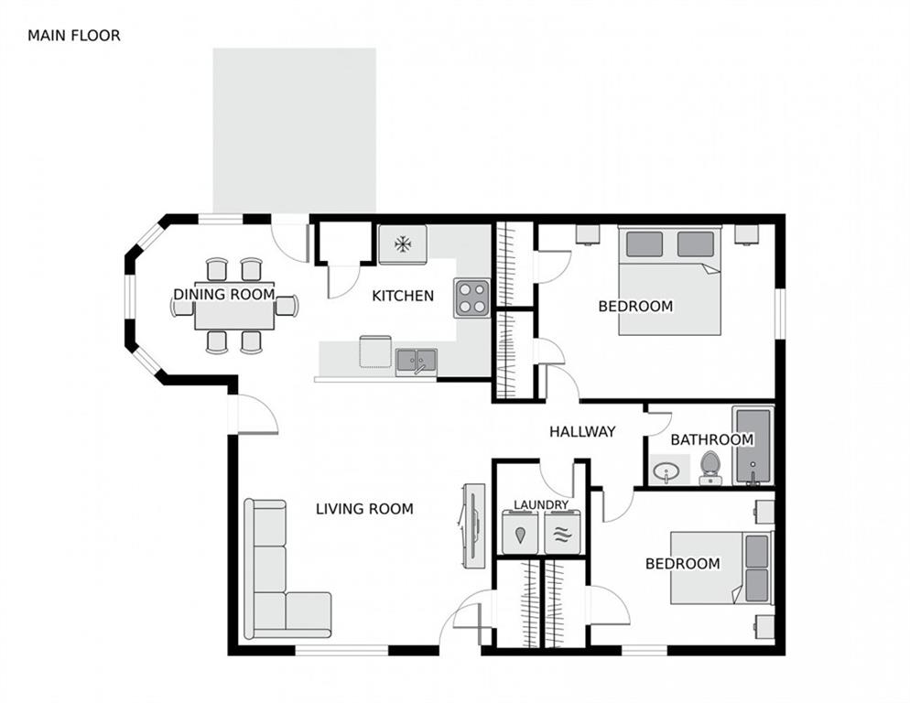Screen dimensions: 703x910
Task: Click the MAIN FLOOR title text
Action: [73, 36]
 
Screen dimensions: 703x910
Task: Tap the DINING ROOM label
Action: [224, 294]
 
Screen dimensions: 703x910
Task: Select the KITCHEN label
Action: [402, 296]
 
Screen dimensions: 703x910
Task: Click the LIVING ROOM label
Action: [364, 509]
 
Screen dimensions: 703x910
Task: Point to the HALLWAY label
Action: [582, 432]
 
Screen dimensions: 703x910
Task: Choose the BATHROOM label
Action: [711, 439]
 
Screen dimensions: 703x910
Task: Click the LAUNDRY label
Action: [540, 504]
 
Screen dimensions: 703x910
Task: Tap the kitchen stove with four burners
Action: [472, 297]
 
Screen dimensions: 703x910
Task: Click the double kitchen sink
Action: [416, 361]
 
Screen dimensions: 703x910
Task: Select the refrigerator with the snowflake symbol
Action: [403, 244]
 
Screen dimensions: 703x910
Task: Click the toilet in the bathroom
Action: [710, 469]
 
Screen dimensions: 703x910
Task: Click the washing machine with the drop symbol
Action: [520, 533]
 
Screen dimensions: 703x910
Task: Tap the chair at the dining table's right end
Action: [287, 306]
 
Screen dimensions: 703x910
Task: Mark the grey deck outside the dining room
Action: [294, 128]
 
